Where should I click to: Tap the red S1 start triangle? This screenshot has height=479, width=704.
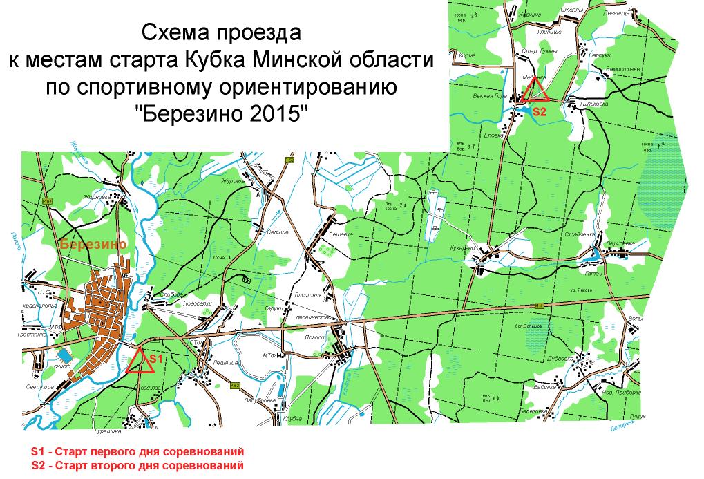coord(140,361)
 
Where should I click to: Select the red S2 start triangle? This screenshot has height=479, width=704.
coord(534,90)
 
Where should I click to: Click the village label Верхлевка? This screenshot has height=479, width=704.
coord(620,244)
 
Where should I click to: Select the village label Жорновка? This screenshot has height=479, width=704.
coord(97,197)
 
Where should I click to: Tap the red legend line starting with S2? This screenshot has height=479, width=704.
coord(137,465)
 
